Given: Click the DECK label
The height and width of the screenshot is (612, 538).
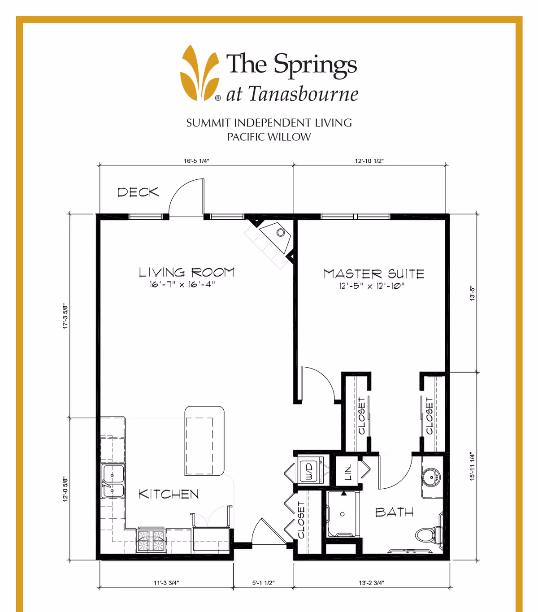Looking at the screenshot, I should (x=138, y=192).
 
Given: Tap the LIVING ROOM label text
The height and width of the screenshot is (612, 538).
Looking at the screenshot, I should (x=187, y=272).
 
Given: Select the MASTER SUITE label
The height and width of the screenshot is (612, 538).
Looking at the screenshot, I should (x=373, y=273).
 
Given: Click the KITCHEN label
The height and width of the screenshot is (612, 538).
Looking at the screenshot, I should (x=169, y=494).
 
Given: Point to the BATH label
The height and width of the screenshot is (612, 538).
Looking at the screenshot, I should (x=394, y=512).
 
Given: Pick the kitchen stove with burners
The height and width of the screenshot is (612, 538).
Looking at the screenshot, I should (x=151, y=540).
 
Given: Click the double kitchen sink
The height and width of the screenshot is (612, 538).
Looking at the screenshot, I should (x=113, y=481).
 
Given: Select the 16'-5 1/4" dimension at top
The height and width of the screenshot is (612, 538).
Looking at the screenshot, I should (x=196, y=161).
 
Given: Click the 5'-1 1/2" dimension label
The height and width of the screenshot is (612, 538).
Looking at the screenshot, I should (x=263, y=583).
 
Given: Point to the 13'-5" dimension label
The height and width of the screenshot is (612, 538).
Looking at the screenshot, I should (x=472, y=293).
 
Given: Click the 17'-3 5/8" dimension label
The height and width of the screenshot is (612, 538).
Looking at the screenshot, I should (x=65, y=317).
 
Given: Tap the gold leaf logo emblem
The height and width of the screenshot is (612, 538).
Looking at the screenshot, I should (x=200, y=73).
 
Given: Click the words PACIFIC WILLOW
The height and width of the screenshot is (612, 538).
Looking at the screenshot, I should (x=269, y=137).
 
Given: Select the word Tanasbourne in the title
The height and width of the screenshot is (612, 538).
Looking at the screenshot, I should (x=303, y=94).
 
